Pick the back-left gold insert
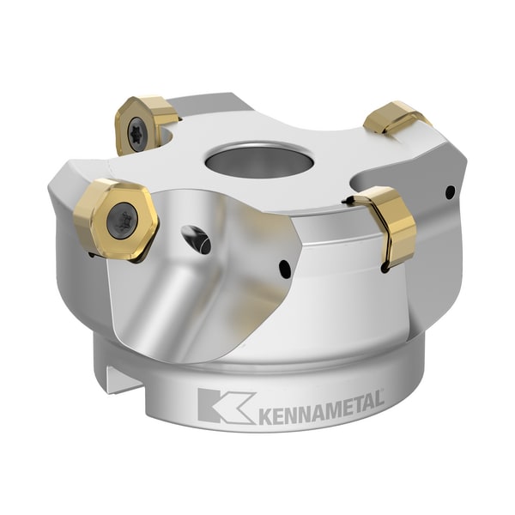[x=142, y=124]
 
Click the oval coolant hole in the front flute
[x=197, y=239]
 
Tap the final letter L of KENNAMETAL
[x=376, y=403]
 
